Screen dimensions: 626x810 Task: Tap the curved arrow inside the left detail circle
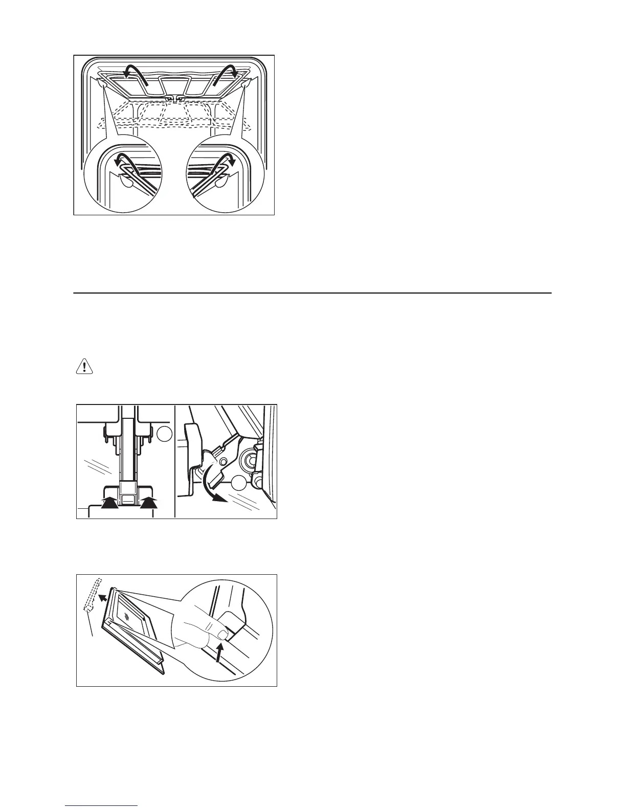[123, 160]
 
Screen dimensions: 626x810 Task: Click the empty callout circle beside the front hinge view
[164, 434]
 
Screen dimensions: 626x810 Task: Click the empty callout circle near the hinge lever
[238, 483]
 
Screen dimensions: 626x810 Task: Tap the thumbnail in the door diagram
[222, 634]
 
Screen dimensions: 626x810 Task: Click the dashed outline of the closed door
[93, 593]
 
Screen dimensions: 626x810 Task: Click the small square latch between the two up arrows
[129, 499]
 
